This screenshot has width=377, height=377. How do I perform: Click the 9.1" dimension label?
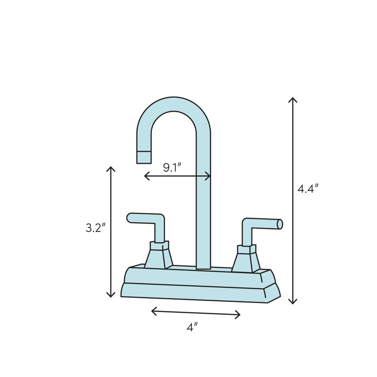[x=172, y=168]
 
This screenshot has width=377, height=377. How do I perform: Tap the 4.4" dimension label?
[x=308, y=189]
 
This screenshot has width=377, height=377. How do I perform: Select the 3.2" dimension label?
[x=95, y=228]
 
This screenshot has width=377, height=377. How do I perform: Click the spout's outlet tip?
[x=144, y=157]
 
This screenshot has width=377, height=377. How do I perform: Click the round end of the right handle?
[x=280, y=224]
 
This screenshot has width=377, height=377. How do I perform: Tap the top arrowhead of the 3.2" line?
[x=111, y=168]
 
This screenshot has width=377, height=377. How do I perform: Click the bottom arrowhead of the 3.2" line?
[x=111, y=296]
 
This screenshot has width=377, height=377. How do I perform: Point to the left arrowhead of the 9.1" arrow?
[x=146, y=176]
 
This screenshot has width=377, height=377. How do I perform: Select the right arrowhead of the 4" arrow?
[x=239, y=314]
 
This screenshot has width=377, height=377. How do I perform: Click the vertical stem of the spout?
[x=203, y=212]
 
